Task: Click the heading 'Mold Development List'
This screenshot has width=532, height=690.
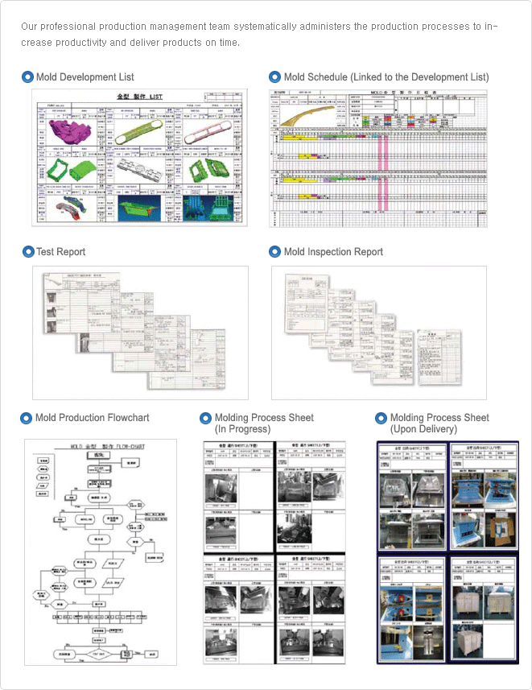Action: (85, 77)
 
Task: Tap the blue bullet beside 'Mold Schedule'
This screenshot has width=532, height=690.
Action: (274, 77)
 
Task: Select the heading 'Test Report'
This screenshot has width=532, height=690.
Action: (60, 252)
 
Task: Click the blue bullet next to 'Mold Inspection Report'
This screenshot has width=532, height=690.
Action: (274, 252)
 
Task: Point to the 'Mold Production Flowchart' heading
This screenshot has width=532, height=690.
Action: (92, 418)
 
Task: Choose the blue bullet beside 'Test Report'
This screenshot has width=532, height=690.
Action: (28, 252)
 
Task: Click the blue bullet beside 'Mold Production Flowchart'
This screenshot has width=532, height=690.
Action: (27, 418)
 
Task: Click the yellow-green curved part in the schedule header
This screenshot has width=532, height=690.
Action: (302, 116)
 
